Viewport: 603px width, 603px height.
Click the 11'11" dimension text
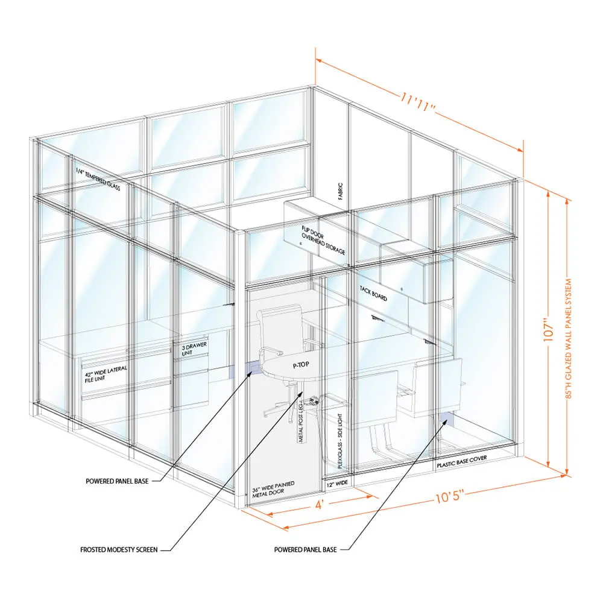417,103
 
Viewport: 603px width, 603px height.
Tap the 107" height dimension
548,329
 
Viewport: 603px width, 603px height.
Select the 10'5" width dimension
448,496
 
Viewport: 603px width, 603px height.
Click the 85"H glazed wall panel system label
570,338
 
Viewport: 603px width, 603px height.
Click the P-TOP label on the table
301,365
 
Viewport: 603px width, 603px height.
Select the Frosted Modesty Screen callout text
119,549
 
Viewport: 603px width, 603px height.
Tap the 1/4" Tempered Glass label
98,179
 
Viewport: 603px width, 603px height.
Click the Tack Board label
373,294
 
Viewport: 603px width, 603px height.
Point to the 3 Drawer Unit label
194,349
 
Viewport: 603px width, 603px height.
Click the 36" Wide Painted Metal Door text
273,489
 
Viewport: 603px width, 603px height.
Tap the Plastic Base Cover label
462,461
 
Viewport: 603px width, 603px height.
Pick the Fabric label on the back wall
340,191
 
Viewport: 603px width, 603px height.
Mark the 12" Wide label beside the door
337,484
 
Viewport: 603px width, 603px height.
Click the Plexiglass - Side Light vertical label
339,441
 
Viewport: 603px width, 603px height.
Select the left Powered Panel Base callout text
117,481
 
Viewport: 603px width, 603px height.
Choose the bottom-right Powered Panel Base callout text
305,549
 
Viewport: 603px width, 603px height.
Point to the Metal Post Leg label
301,422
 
